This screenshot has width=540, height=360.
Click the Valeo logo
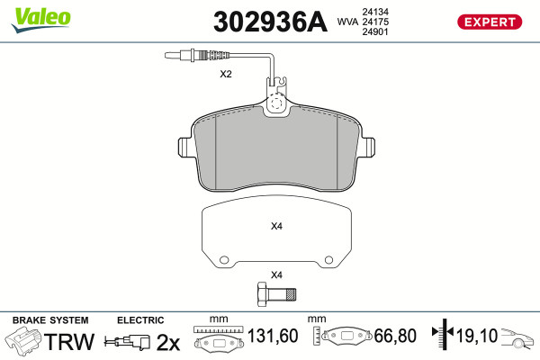[x=41, y=20]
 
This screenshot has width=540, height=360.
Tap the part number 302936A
[x=270, y=22]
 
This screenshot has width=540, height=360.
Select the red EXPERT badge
[x=490, y=22]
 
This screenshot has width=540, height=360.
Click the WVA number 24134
[x=375, y=12]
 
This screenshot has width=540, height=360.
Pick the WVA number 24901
[x=375, y=31]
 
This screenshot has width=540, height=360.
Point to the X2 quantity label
[x=226, y=74]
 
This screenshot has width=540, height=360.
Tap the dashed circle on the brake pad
[x=276, y=103]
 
